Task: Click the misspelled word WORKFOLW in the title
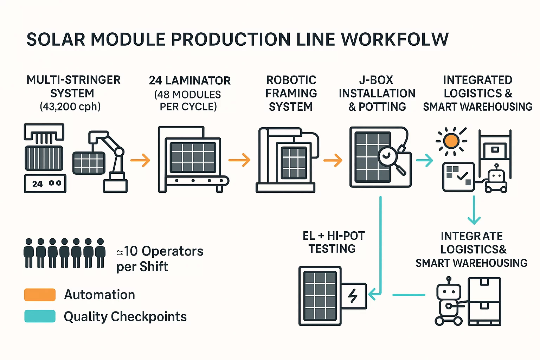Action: coord(395,39)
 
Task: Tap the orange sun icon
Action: coord(451,141)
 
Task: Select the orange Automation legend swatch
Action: coord(40,295)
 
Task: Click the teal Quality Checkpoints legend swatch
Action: coord(40,316)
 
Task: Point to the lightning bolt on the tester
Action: coord(353,296)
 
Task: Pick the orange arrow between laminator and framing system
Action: coord(239,160)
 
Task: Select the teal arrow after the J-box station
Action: coord(424,160)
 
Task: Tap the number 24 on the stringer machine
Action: coord(37,184)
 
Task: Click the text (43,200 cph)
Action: coord(70,107)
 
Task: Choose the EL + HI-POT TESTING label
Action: coord(333,242)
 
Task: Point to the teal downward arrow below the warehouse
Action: coord(474,211)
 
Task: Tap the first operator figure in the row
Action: coord(29,253)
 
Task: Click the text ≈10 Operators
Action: coord(160,251)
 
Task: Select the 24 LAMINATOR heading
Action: coord(190,81)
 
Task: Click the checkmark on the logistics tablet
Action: coord(462,175)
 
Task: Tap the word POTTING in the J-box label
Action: coord(382,107)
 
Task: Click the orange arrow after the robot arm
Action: coord(140,160)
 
